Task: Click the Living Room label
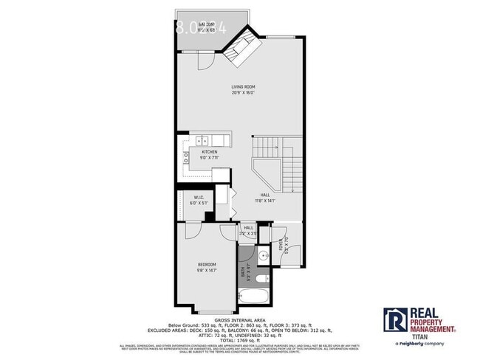[x=244, y=89]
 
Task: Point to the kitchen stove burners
[x=184, y=157]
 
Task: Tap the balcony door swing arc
[x=206, y=60]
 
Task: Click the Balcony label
[x=196, y=27]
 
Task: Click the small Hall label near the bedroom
[x=249, y=230]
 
